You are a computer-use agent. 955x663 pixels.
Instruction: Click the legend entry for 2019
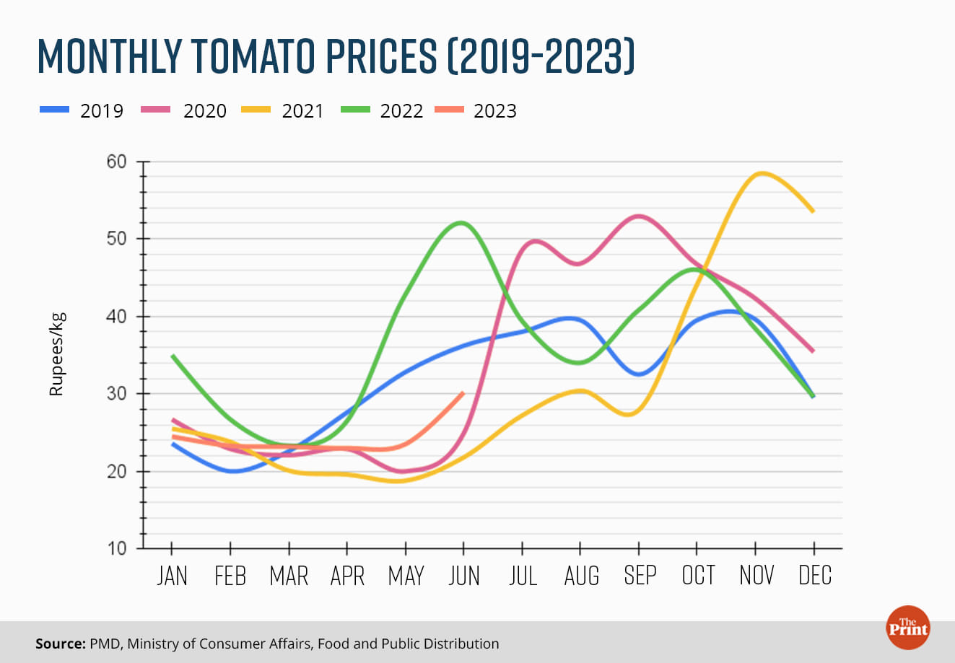tap(82, 111)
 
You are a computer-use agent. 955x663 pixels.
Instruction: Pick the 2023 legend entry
tap(476, 111)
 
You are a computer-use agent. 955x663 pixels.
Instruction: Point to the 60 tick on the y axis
tap(116, 162)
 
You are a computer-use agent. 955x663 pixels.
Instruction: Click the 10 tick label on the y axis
tap(116, 549)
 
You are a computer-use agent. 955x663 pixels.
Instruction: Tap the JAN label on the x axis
tap(172, 576)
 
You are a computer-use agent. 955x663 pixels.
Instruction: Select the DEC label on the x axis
tap(815, 576)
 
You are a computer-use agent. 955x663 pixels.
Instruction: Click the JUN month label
tap(464, 576)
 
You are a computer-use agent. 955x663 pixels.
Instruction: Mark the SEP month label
tap(640, 576)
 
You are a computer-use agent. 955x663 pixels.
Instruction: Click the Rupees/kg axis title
tap(56, 354)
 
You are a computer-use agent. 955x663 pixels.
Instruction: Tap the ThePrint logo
tap(908, 626)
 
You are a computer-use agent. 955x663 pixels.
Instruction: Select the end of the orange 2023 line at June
tap(463, 392)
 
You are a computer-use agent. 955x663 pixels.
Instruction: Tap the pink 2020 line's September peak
tap(639, 216)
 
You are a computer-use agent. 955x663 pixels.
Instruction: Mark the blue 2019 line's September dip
tap(639, 374)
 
